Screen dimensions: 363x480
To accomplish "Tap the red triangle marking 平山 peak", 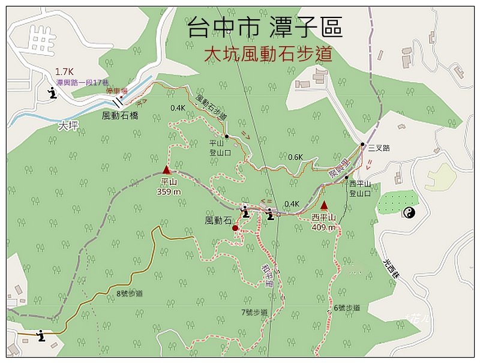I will (167, 170).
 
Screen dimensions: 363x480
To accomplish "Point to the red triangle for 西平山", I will (325, 206).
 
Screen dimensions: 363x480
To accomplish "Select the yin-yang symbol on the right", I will (409, 212).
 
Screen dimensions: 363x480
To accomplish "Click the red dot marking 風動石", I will (235, 228).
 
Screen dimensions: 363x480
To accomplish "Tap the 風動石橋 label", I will (120, 115).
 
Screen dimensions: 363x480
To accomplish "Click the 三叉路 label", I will (379, 148).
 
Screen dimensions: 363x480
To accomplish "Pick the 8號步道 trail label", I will (130, 293).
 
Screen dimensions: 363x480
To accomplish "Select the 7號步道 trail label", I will (254, 312).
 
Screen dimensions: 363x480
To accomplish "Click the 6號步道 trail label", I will (347, 308).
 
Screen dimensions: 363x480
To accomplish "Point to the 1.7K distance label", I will (64, 71).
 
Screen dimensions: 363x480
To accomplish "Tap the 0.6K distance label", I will (295, 157).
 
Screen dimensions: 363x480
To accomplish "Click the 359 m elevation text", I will (169, 192).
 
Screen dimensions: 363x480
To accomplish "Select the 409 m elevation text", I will (325, 227).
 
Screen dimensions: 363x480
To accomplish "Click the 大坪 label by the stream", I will (70, 127).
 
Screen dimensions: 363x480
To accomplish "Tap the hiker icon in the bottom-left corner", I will (41, 335).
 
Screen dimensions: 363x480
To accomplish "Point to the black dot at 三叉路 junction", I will (362, 145).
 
